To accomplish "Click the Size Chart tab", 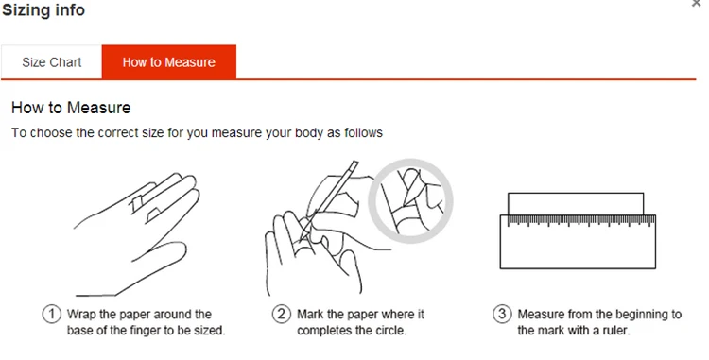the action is coord(52,61).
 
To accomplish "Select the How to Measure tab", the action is coord(168,61).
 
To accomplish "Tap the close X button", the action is coord(697,4).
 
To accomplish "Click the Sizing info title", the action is coord(43,10).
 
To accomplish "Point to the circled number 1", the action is coord(52,314).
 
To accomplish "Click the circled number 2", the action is coord(282,314).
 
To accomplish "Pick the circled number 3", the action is coord(502,314).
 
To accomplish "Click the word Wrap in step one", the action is coord(80,315).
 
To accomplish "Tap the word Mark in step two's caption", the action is coord(309,314).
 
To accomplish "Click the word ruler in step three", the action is coord(615,330).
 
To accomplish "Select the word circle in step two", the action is coord(389,330).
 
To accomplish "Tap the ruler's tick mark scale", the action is coord(581,220).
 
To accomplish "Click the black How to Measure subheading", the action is coord(71,108).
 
